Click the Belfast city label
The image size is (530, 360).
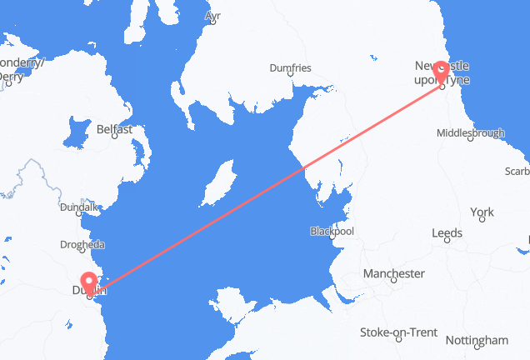pos(114,130)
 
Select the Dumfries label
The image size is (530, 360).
pos(290,67)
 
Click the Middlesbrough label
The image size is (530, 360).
pos(470,132)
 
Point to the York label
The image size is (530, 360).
pos(482,213)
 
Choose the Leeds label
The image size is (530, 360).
pos(447,233)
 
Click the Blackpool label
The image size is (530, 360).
pos(332,231)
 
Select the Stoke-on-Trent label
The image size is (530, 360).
pos(398,332)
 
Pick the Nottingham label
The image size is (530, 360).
pos(477,340)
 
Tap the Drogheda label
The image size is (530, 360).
pos(81,245)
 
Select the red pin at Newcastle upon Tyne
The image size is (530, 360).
pos(441,73)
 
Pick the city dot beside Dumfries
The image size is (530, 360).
pos(290,75)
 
